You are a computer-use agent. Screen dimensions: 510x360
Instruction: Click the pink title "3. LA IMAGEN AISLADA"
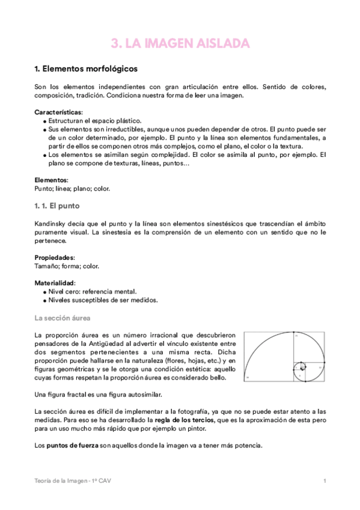click(180, 43)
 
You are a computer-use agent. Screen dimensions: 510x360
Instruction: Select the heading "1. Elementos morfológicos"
click(86, 69)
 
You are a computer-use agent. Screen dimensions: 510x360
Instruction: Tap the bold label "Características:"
click(59, 112)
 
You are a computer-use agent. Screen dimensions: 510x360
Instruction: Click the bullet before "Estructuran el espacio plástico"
click(45, 121)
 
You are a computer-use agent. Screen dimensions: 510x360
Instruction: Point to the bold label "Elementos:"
click(52, 180)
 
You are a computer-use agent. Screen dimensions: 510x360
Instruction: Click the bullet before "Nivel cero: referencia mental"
click(45, 292)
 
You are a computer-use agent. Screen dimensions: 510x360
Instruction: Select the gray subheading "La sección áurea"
click(63, 318)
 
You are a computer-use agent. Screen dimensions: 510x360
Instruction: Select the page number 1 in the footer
click(325, 481)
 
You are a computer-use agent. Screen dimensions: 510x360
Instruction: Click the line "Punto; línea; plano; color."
click(73, 188)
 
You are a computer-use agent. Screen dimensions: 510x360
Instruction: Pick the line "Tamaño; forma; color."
click(67, 266)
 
